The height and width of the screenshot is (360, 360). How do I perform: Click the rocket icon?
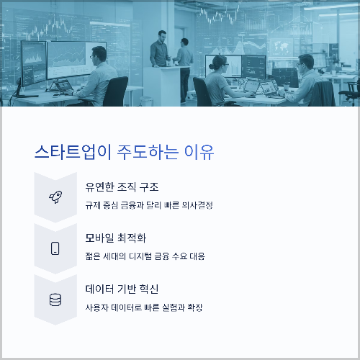[55, 197]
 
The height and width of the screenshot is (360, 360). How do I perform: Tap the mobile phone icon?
[55, 248]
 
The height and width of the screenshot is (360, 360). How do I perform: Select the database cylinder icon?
[55, 299]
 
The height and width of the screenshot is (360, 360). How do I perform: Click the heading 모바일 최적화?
[115, 238]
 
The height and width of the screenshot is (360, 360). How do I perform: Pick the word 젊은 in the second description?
[93, 256]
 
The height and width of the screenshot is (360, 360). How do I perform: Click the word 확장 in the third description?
[194, 307]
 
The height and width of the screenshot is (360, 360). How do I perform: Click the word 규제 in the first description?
[93, 205]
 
